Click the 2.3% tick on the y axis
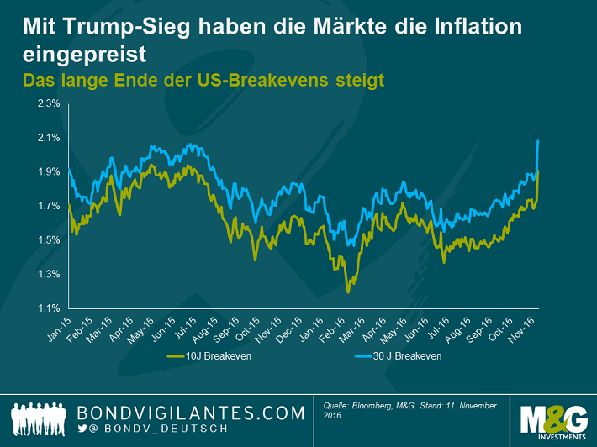[x=47, y=103]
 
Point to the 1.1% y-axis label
[x=47, y=308]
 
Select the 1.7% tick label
[x=47, y=206]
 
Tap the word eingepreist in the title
[x=85, y=55]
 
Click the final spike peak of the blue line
[x=537, y=140]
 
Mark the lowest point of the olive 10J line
[x=348, y=293]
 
